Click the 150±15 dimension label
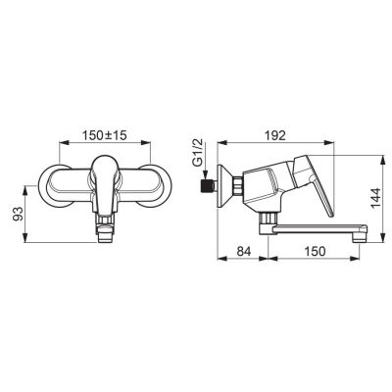point(104,135)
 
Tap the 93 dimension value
point(19,214)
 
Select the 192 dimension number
point(275,135)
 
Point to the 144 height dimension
point(375,198)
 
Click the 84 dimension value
point(243,251)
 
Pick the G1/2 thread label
point(197,153)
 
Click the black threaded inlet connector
point(206,185)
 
